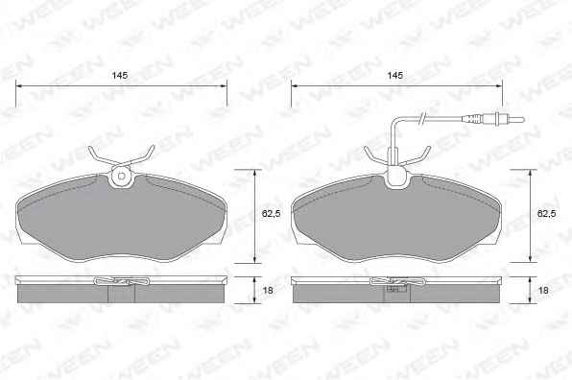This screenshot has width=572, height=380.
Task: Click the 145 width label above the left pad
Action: click(120, 76)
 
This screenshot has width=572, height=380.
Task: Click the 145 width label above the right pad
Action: click(395, 76)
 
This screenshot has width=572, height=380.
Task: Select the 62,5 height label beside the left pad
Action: click(271, 214)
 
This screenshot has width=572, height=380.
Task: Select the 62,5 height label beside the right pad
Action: click(546, 214)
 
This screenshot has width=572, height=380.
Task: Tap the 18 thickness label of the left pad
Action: click(268, 291)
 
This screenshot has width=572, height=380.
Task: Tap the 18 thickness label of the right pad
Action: click(543, 291)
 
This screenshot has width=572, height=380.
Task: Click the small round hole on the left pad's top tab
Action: click(122, 177)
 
